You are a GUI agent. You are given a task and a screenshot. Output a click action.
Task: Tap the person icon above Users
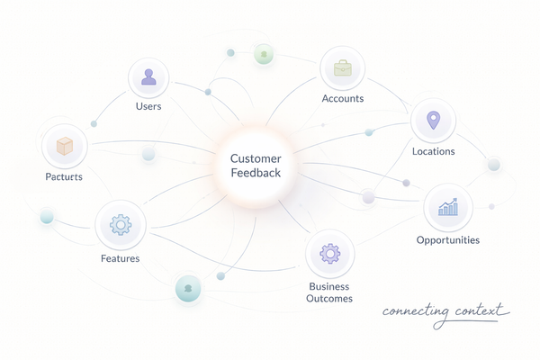148,78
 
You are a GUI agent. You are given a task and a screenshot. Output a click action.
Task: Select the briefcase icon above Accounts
342,67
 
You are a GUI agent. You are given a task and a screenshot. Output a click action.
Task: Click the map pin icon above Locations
433,121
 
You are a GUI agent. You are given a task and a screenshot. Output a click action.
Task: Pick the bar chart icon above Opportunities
447,208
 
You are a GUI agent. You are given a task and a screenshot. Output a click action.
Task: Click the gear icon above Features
119,224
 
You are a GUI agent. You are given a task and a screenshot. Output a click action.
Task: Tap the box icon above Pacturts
64,146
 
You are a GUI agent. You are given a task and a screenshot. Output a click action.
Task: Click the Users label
148,106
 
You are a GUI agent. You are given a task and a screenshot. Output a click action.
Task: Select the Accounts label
342,97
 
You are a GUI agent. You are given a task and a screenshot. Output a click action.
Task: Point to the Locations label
433,151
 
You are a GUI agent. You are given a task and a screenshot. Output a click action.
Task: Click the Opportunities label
447,239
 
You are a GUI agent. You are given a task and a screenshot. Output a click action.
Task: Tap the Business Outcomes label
329,292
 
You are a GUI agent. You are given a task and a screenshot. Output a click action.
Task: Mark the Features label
119,258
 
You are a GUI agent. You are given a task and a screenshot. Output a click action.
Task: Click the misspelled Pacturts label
63,176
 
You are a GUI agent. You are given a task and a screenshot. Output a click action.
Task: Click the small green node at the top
263,54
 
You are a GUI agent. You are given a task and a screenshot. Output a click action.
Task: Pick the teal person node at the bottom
188,289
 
